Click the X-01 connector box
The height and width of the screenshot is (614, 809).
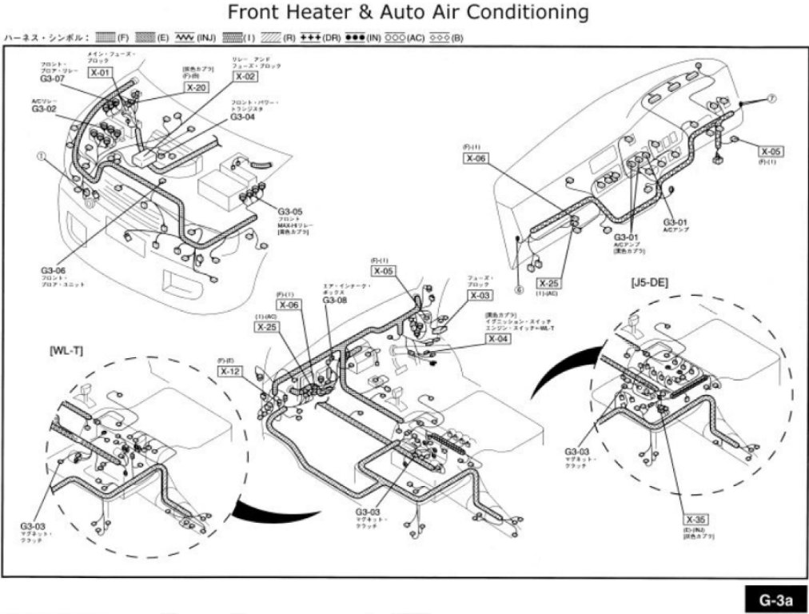point(101,72)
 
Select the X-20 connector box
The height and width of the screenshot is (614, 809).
point(197,87)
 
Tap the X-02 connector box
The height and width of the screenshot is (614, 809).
point(245,77)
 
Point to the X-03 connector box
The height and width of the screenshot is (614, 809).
point(480,296)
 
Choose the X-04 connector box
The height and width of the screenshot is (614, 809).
point(498,338)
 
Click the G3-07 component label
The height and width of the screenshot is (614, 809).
point(52,79)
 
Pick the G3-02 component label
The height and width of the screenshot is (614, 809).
point(44,109)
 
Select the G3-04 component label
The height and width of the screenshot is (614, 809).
point(242,117)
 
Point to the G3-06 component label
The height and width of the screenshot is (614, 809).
point(54,270)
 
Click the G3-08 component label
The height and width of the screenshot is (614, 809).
point(335,300)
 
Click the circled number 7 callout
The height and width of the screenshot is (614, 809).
point(772,98)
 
